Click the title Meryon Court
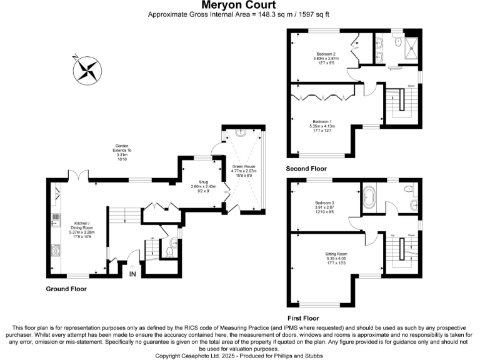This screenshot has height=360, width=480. pyautogui.click(x=239, y=5)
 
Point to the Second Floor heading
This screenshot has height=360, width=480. pyautogui.click(x=306, y=169)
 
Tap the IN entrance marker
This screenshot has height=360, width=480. pyautogui.click(x=132, y=274)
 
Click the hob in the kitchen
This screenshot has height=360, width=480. pyautogui.click(x=55, y=251)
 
